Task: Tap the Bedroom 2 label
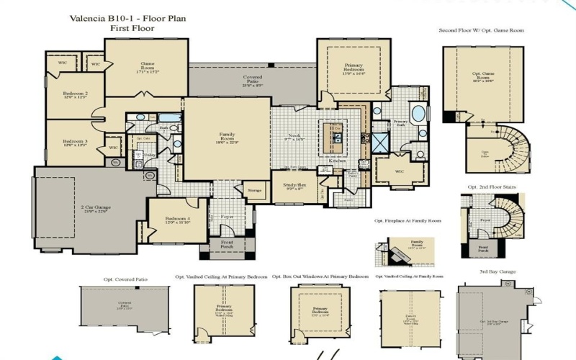(75, 95)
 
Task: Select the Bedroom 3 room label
(75, 142)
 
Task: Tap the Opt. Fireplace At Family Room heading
(408, 220)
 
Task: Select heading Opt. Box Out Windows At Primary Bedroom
(320, 276)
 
